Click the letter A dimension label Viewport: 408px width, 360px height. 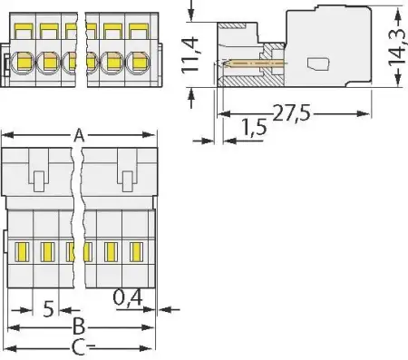[x=79, y=136]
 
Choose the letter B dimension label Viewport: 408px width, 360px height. [x=79, y=326]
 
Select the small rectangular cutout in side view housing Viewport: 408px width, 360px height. [x=317, y=64]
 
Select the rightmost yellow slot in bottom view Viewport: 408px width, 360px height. [x=135, y=250]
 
